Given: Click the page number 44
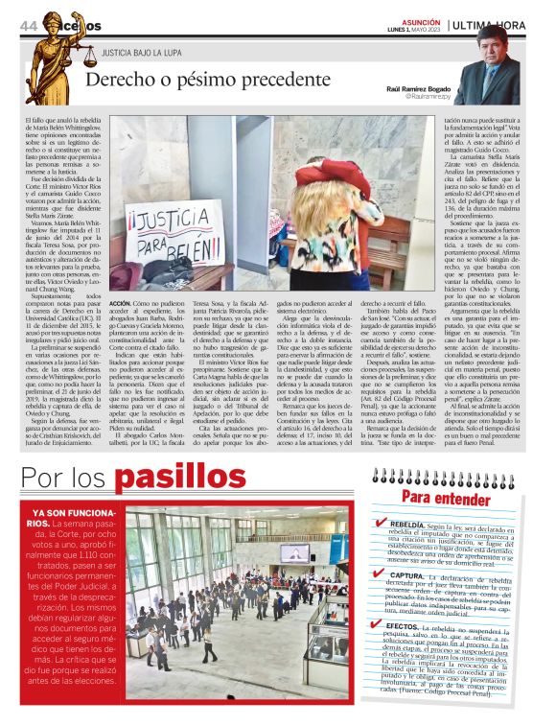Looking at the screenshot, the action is pyautogui.click(x=27, y=24).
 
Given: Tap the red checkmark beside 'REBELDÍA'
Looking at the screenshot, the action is pyautogui.click(x=381, y=524).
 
